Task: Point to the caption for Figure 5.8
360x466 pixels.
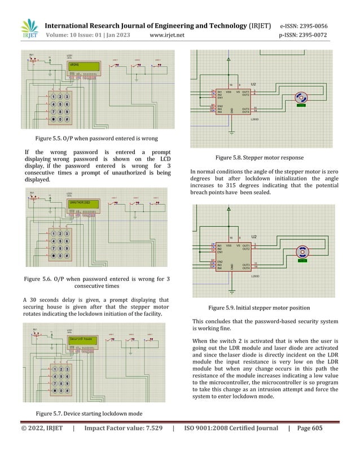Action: [x=256, y=158]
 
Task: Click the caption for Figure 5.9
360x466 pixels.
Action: [x=259, y=308]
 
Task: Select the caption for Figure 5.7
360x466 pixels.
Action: [x=89, y=414]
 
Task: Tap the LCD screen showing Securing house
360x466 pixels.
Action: [x=82, y=339]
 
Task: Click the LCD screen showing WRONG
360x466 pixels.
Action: [x=82, y=67]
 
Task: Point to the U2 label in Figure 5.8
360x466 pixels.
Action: [x=254, y=84]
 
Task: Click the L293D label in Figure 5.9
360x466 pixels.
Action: [x=255, y=276]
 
